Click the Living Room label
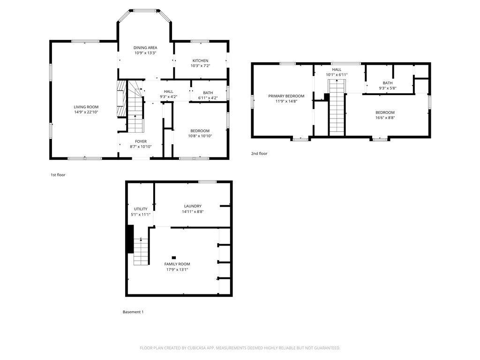click(x=86, y=107)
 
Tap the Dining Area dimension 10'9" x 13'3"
click(x=145, y=52)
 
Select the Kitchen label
click(x=201, y=60)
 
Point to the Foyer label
click(x=141, y=142)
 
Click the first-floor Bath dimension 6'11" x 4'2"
click(x=208, y=98)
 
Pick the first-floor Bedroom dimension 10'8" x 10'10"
click(x=200, y=136)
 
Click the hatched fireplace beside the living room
click(x=121, y=98)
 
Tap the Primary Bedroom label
click(x=286, y=96)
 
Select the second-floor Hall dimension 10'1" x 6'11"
click(x=337, y=75)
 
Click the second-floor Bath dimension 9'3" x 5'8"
click(x=388, y=88)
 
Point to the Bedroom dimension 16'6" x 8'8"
click(x=385, y=118)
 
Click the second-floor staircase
click(x=337, y=107)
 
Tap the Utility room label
click(x=141, y=209)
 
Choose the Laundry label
click(x=193, y=206)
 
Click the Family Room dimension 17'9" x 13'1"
click(x=177, y=270)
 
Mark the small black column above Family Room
click(x=174, y=258)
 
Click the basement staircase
click(x=141, y=251)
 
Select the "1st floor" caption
click(x=58, y=175)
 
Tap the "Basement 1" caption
click(x=133, y=312)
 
